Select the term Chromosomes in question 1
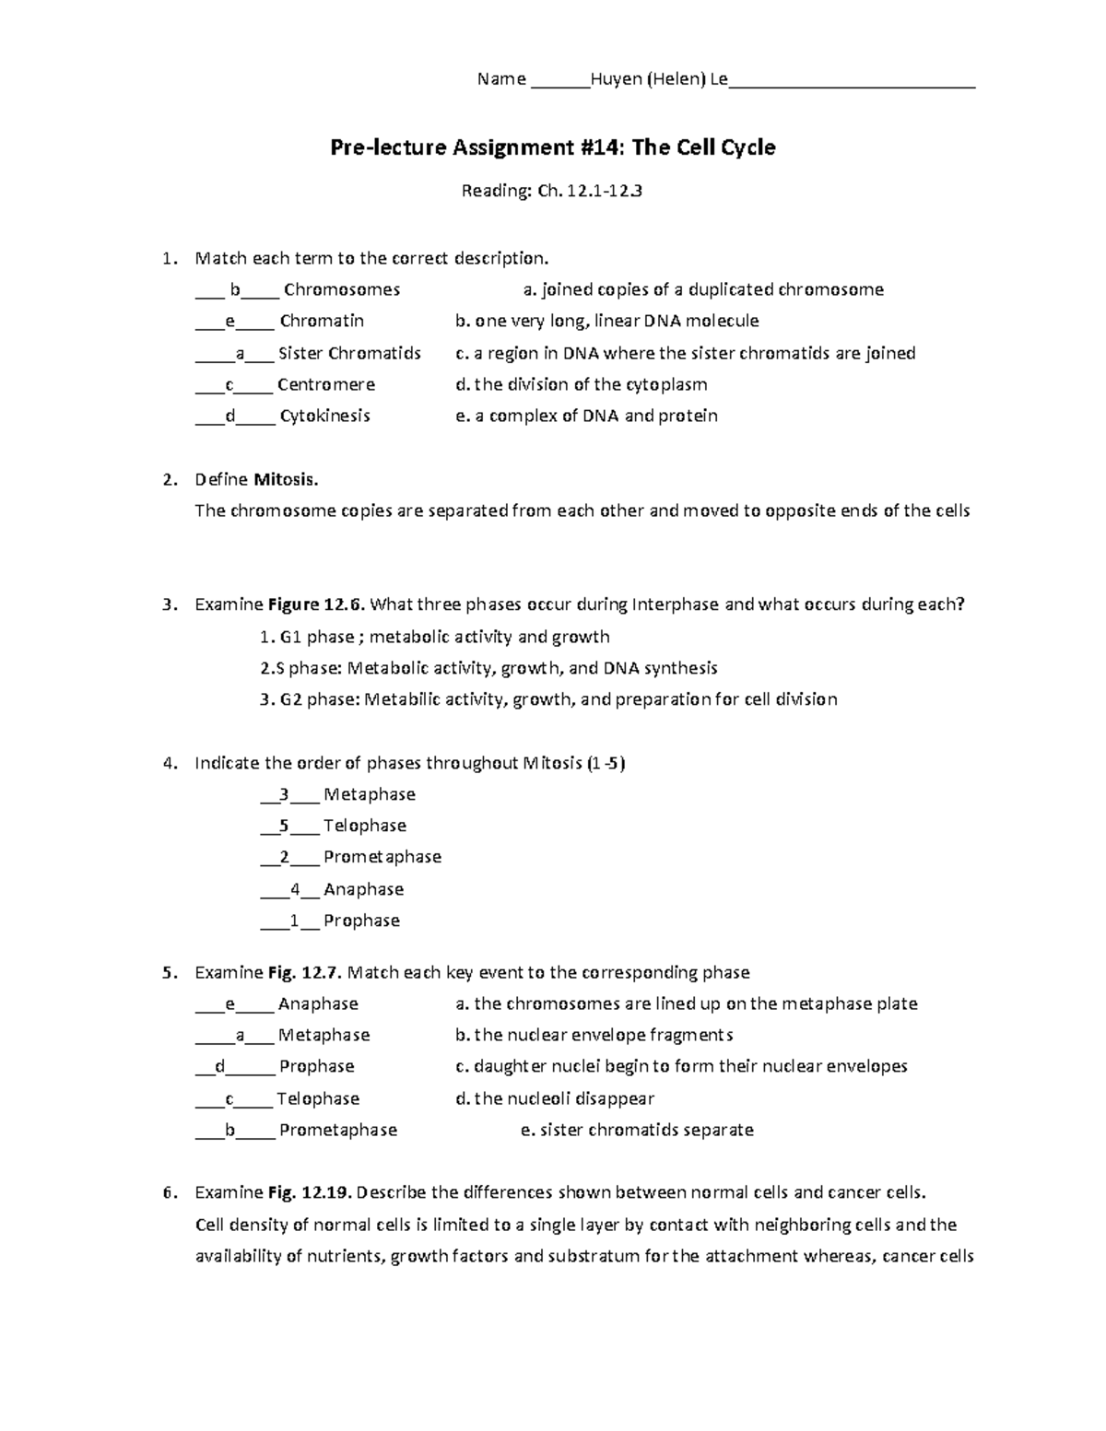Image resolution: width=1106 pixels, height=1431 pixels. click(342, 289)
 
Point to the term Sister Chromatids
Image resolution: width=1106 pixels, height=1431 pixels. click(349, 353)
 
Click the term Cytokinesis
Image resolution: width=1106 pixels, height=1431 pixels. click(325, 416)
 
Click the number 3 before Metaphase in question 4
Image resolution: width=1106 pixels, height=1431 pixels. click(285, 794)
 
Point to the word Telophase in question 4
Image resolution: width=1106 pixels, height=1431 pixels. click(365, 826)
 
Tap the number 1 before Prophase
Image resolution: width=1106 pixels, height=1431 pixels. click(294, 921)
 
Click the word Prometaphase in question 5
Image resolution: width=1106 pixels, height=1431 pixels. click(338, 1130)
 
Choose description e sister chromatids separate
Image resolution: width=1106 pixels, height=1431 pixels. click(637, 1130)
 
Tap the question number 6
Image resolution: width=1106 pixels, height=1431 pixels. click(168, 1192)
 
